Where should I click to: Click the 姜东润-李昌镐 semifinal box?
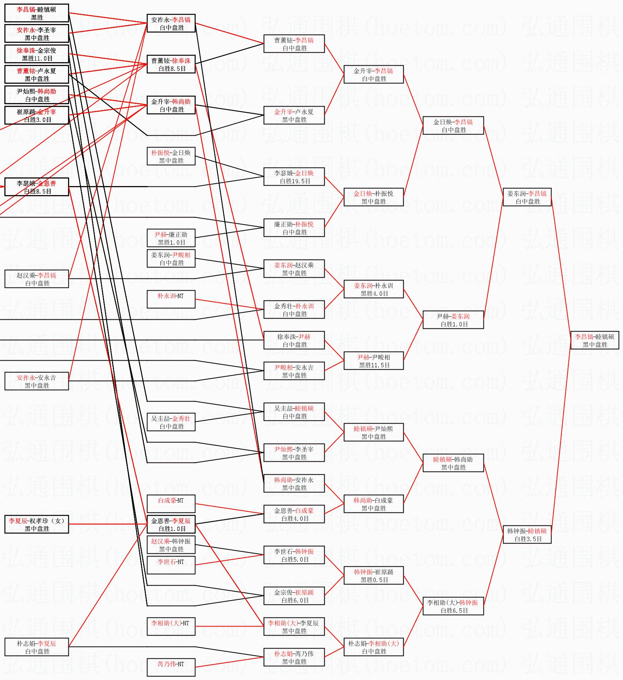(x=527, y=197)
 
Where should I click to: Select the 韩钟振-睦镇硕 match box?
(x=527, y=534)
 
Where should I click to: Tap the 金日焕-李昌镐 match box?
(x=453, y=125)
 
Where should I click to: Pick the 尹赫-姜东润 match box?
(x=453, y=320)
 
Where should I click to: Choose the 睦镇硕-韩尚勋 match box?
(x=453, y=463)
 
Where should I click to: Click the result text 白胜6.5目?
(x=454, y=610)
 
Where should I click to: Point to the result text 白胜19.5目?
(x=295, y=181)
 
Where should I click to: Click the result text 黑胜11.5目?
(x=374, y=365)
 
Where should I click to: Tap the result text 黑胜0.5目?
(x=374, y=580)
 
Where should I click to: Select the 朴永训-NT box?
(x=171, y=299)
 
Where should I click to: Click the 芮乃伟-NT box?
(x=171, y=667)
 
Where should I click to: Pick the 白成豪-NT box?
(x=171, y=504)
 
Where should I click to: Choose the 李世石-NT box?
(x=171, y=565)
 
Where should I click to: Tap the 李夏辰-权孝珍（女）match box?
(x=37, y=524)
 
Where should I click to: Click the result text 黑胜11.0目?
(x=37, y=58)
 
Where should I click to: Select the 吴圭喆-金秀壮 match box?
(x=171, y=422)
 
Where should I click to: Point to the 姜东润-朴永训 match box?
(x=373, y=289)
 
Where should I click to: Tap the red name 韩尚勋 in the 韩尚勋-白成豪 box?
(x=362, y=500)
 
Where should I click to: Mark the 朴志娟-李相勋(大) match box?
(x=373, y=647)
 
